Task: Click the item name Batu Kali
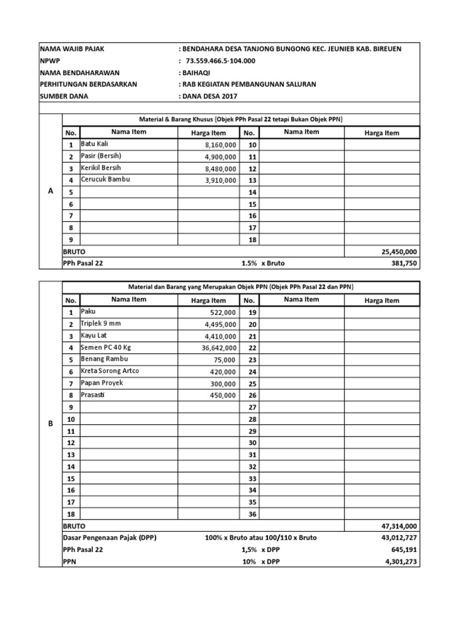tap(94, 144)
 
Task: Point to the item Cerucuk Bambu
tap(105, 180)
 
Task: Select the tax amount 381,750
tap(404, 263)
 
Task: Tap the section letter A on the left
tap(50, 191)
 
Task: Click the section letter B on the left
tap(50, 424)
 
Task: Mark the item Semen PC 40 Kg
tap(106, 347)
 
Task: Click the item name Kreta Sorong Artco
tap(110, 371)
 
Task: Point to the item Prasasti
tap(93, 394)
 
